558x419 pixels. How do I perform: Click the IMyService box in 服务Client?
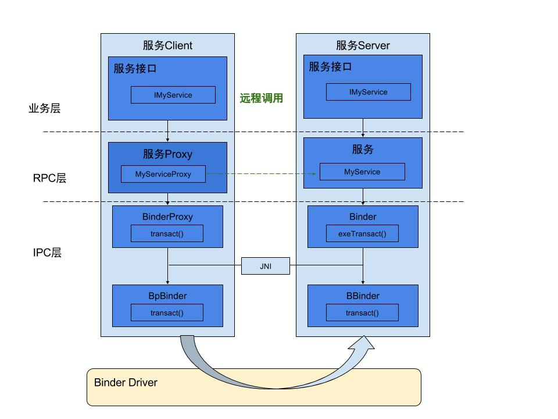173,95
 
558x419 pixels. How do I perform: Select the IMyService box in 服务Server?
368,92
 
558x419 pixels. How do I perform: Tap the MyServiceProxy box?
163,174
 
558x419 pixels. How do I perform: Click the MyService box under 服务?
362,172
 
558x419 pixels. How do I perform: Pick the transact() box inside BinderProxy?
167,233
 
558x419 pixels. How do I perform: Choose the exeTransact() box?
362,233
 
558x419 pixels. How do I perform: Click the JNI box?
266,267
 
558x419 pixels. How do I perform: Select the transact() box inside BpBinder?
167,313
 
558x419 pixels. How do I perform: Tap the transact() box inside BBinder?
362,313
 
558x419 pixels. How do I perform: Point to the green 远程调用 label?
261,98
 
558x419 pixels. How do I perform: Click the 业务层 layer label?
44,108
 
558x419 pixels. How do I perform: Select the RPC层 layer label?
49,179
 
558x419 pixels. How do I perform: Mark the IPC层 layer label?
47,253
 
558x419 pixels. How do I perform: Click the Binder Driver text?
126,382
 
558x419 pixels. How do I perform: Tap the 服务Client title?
167,45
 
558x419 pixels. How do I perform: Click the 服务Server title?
363,45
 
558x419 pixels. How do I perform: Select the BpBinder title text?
167,296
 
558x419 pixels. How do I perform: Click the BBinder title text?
363,296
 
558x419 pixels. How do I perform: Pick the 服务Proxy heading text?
167,154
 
